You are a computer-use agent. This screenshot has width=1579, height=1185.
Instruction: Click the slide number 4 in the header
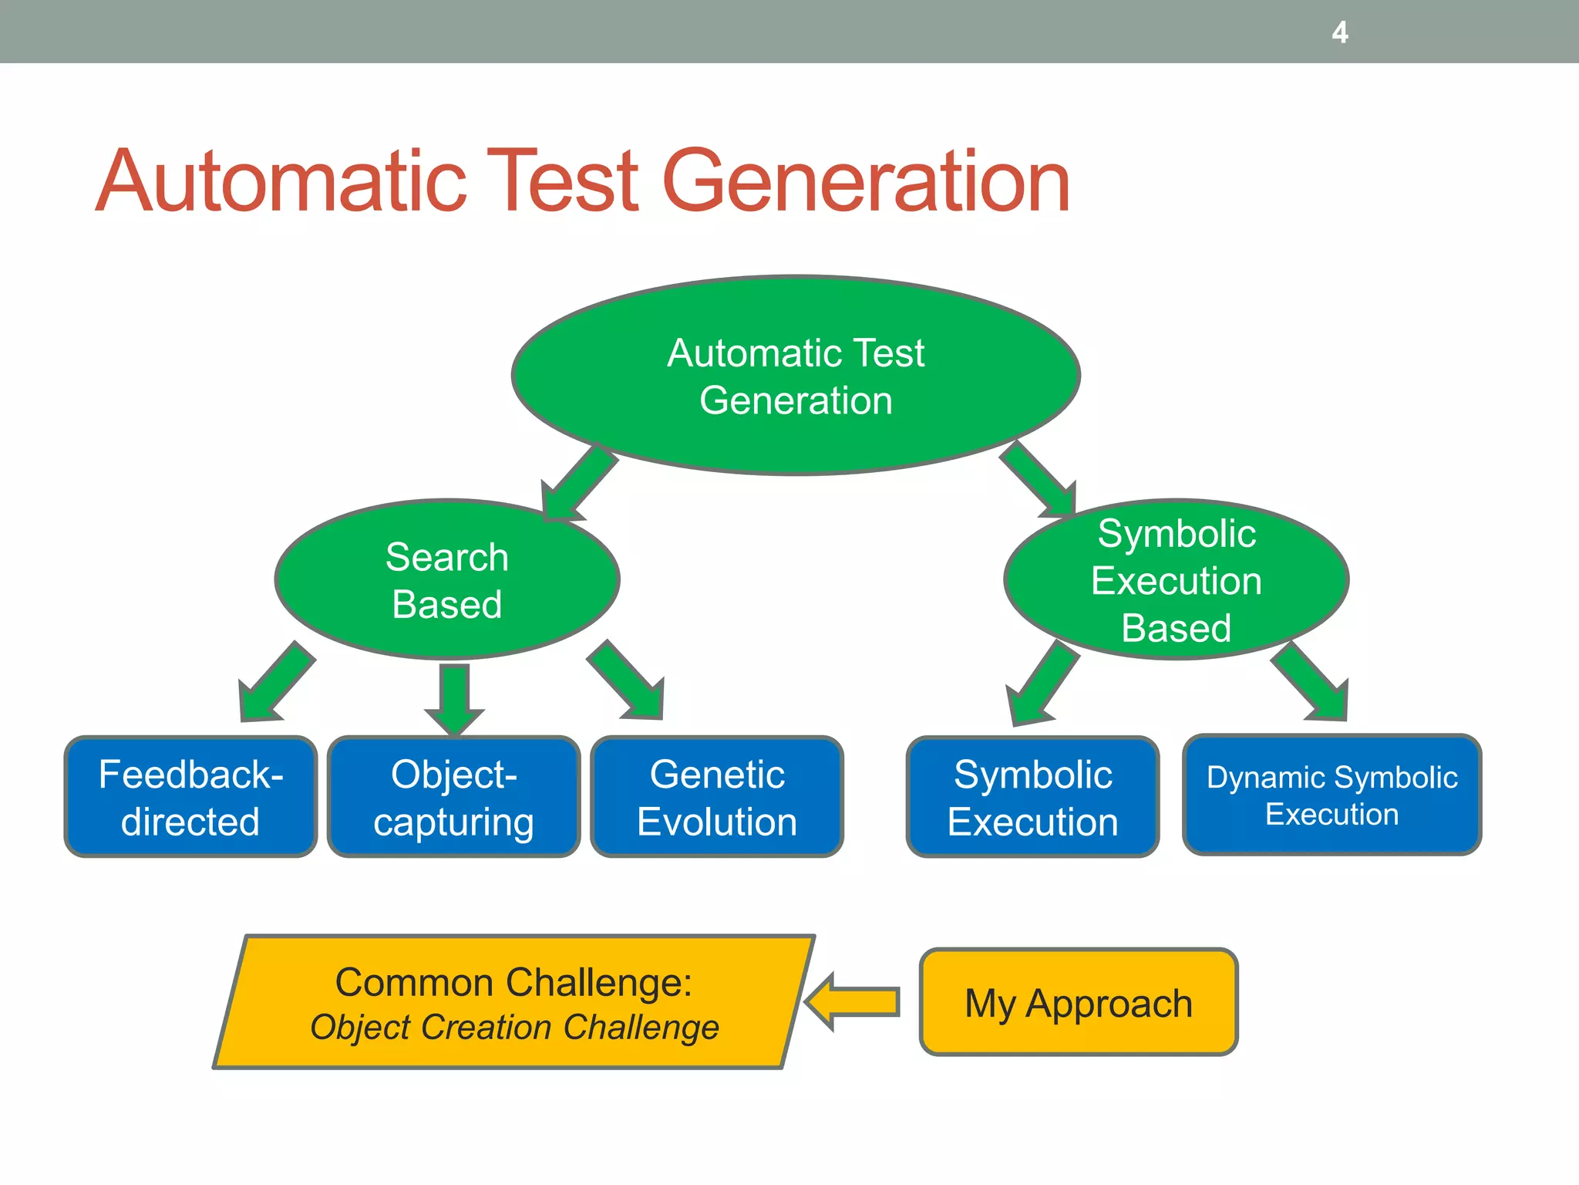pos(1340,32)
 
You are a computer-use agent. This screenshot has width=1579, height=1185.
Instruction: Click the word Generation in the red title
pos(866,182)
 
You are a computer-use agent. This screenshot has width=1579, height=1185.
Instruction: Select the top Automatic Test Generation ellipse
pos(796,376)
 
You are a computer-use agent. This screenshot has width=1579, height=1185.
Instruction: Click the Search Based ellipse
pos(447,580)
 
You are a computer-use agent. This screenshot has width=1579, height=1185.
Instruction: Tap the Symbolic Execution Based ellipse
pos(1176,580)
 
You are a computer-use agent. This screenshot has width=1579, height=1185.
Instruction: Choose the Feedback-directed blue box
pos(190,797)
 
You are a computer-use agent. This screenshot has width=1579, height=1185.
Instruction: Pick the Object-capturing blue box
pos(453,797)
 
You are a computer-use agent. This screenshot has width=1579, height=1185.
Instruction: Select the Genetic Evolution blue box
pos(717,797)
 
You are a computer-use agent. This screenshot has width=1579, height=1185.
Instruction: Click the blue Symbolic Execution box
pos(1033,797)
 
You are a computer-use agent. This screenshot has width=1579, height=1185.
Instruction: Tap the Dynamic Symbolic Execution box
pos(1332,795)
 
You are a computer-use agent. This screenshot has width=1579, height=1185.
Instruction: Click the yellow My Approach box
pos(1079,1003)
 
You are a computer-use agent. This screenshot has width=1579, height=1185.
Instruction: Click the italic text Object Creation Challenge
pos(514,1028)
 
